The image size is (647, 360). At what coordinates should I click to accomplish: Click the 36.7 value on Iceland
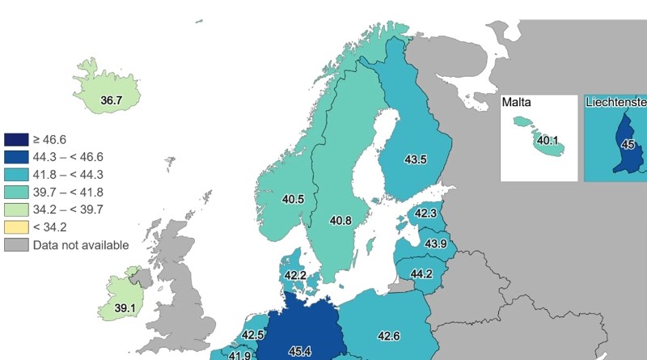pos(111,101)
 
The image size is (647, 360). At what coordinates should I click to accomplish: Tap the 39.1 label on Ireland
pos(125,308)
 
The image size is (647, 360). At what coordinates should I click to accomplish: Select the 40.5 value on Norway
pos(293,199)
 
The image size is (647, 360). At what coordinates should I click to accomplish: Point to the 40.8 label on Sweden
pos(340,220)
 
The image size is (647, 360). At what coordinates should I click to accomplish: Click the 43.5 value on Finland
pos(415,159)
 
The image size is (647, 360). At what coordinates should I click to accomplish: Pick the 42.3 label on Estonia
pos(425,214)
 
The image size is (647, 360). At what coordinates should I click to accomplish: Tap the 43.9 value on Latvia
pos(436,244)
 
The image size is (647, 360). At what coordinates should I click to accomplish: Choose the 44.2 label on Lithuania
pos(421,274)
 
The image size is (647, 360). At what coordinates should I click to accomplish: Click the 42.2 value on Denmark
pos(295,276)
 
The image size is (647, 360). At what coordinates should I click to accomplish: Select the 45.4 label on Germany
pos(300,351)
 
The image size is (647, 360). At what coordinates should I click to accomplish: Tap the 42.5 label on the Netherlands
pos(253,335)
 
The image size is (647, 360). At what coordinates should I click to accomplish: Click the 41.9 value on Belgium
pos(239,355)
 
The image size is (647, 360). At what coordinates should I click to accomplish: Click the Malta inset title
pos(515,103)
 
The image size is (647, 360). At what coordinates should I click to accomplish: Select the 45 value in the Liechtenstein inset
pos(628,145)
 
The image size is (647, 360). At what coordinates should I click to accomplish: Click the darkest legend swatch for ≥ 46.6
pos(16,139)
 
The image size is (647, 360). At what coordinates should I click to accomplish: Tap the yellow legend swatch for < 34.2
pos(16,227)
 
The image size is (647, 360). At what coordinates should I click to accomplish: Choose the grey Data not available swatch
pos(16,245)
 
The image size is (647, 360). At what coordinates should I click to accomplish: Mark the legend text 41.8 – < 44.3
pos(69,175)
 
